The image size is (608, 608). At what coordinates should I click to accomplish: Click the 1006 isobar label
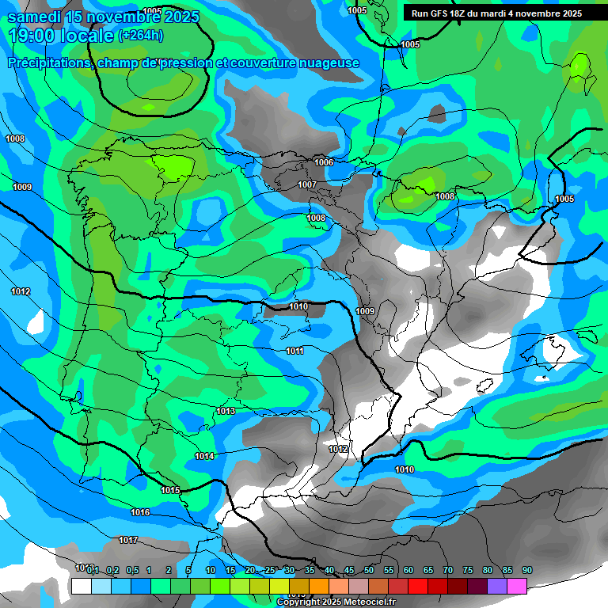tap(324, 162)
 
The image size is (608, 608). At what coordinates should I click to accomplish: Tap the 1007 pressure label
tap(307, 185)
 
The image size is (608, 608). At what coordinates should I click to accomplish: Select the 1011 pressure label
tap(294, 351)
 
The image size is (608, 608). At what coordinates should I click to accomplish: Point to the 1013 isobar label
tap(226, 411)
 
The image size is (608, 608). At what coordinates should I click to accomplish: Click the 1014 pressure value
tap(204, 456)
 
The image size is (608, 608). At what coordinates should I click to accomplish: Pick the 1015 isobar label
tap(170, 491)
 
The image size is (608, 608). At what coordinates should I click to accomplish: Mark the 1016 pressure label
tap(140, 513)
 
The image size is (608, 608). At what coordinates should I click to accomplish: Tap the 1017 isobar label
tap(128, 541)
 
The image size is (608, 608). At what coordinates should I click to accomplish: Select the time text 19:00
tap(31, 36)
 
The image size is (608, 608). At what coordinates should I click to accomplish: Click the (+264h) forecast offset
tap(140, 36)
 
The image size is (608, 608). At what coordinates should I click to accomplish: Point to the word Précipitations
tap(48, 63)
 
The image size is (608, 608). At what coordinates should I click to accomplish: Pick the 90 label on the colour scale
tap(527, 570)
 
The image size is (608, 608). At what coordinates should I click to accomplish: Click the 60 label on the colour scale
tap(408, 570)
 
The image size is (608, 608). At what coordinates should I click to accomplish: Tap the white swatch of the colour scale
tap(81, 586)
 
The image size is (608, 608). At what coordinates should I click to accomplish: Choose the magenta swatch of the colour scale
tap(517, 586)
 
